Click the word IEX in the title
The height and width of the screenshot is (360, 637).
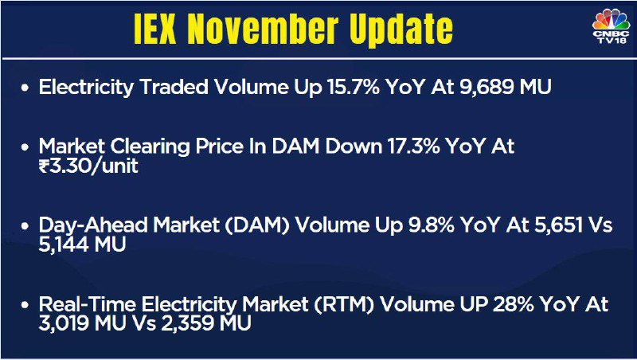click(x=154, y=29)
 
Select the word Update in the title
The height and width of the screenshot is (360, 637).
click(x=401, y=30)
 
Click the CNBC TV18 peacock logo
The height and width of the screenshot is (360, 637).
click(x=611, y=26)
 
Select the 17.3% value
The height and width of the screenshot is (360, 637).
click(x=413, y=146)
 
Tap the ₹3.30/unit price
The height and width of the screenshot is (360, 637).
click(x=88, y=166)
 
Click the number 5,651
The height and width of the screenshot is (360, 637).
click(x=555, y=225)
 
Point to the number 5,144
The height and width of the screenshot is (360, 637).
click(x=64, y=245)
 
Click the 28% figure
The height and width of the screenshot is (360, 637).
click(x=513, y=304)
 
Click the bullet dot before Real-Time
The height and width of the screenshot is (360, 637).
click(x=25, y=304)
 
